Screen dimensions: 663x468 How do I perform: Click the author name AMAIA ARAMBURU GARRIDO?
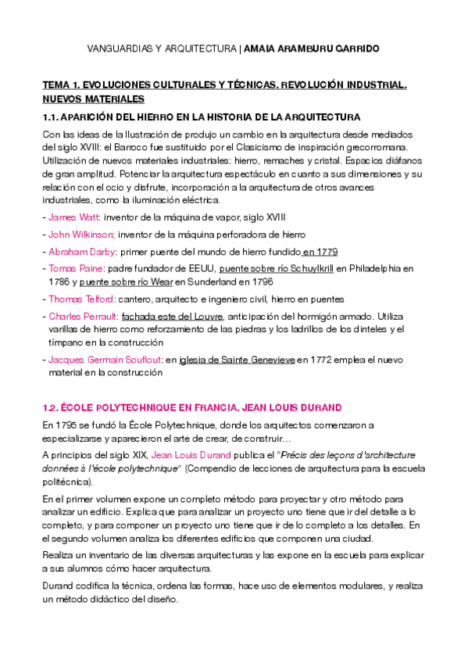(312, 48)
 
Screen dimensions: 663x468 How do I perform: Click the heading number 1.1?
(52, 116)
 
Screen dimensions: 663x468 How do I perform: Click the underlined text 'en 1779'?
(320, 251)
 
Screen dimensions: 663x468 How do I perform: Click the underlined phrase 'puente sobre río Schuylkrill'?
(276, 268)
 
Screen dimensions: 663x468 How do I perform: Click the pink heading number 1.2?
(49, 408)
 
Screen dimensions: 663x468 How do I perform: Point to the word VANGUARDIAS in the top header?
(120, 48)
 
